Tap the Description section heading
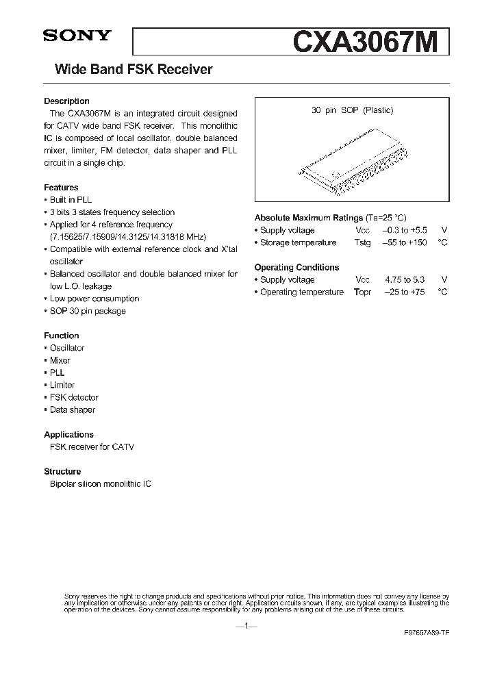click(x=66, y=101)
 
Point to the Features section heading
click(x=61, y=188)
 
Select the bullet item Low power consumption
click(x=94, y=299)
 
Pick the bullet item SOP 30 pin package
click(x=87, y=311)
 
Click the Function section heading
click(x=62, y=336)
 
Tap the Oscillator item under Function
click(x=66, y=348)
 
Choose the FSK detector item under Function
click(x=73, y=397)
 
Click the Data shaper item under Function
click(x=72, y=409)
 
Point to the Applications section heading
click(x=68, y=434)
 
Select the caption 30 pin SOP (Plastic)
click(x=352, y=110)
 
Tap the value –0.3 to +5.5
click(x=404, y=230)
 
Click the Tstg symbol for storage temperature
click(x=362, y=242)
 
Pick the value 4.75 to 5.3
click(x=404, y=279)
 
